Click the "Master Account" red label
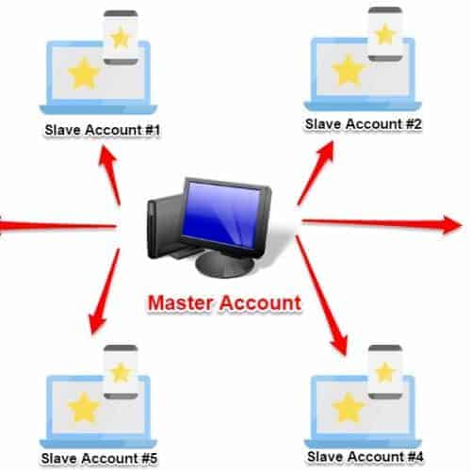coord(224,303)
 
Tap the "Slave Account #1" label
coord(103,130)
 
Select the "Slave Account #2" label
coord(364,124)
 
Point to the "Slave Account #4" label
coord(365,457)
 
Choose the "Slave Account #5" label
coord(99,458)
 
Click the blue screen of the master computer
coord(222,214)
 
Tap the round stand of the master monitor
coord(224,265)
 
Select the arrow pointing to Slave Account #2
coord(316,173)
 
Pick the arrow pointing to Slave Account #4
coord(321,296)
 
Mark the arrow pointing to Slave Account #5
coord(104,292)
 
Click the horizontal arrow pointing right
coord(382,223)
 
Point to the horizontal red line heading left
coord(58,225)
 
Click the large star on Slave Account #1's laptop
coord(84,74)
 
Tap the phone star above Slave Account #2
coord(385,34)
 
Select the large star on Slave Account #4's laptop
coord(348,407)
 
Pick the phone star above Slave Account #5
coord(121,372)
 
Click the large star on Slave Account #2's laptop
coord(348,71)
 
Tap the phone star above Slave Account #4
coord(385,372)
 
